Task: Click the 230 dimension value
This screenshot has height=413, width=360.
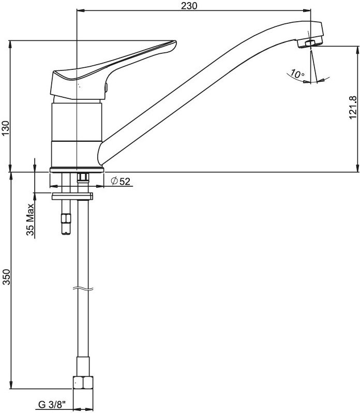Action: click(x=189, y=6)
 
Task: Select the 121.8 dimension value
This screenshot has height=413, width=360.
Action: click(x=353, y=107)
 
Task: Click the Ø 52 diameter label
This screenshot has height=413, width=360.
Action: click(x=121, y=181)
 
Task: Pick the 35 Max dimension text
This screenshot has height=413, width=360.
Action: click(x=31, y=219)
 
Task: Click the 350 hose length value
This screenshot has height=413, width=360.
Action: click(x=6, y=277)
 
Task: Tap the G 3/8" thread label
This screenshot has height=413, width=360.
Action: click(x=52, y=404)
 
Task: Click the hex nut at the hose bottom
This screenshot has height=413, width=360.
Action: click(x=83, y=382)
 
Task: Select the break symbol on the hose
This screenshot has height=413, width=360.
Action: click(x=83, y=288)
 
